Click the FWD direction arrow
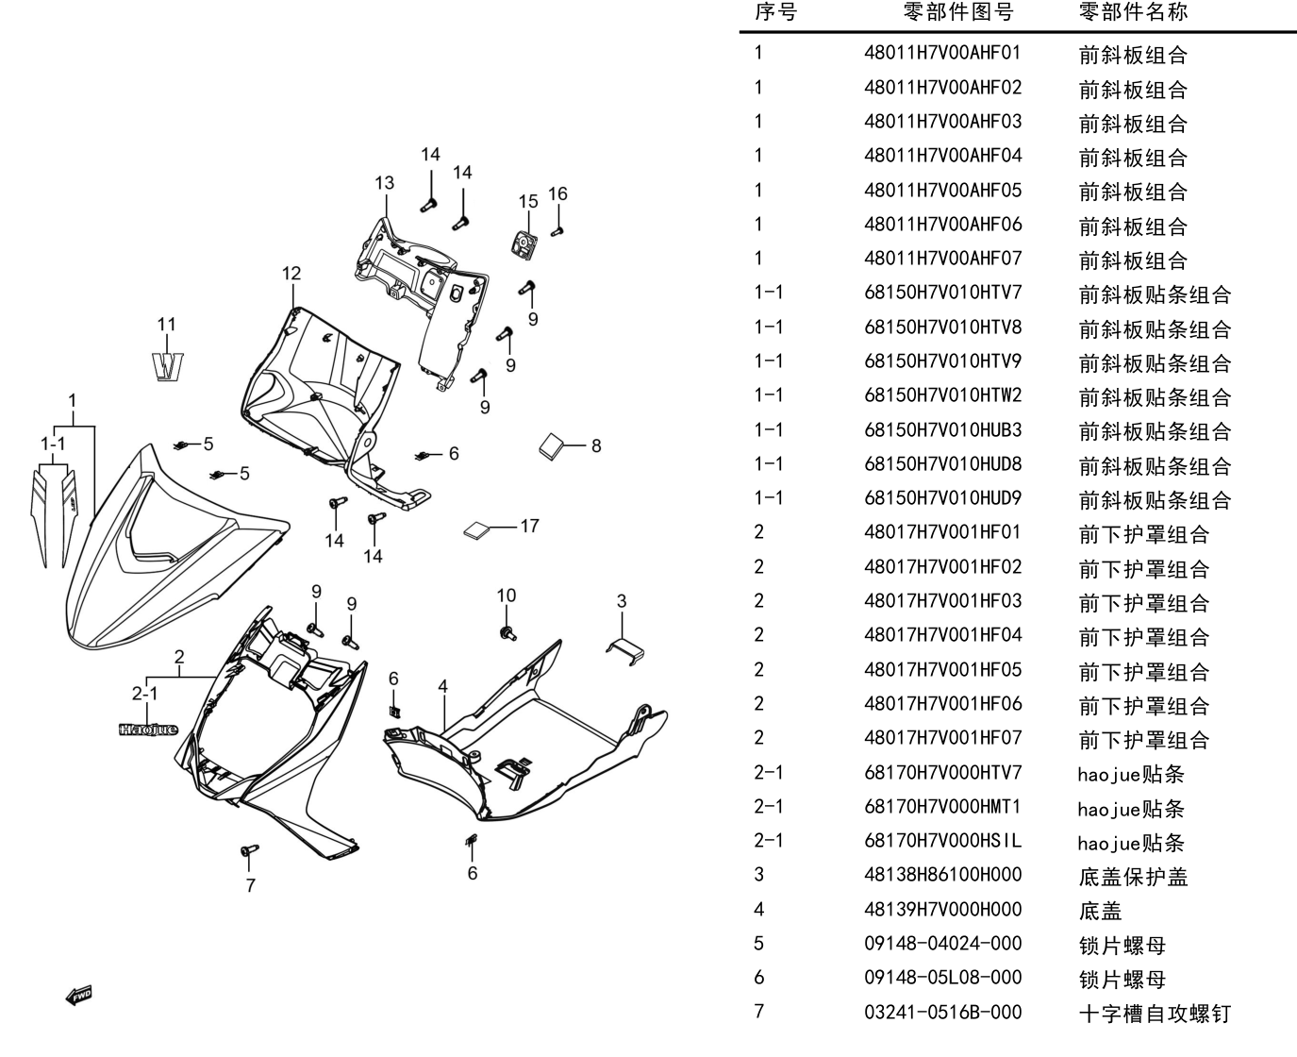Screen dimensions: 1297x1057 pyautogui.click(x=79, y=996)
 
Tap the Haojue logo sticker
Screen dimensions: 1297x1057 pyautogui.click(x=149, y=730)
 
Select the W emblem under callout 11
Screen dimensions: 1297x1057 pyautogui.click(x=168, y=367)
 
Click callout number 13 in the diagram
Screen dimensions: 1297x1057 pyautogui.click(x=384, y=183)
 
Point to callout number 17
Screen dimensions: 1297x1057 pyautogui.click(x=530, y=526)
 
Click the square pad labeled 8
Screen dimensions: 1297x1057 pyautogui.click(x=553, y=446)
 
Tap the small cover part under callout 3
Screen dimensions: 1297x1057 pyautogui.click(x=625, y=650)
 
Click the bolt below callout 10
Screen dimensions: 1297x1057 pyautogui.click(x=507, y=633)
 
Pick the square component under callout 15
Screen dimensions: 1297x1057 pyautogui.click(x=524, y=245)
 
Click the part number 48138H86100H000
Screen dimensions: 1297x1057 pyautogui.click(x=942, y=874)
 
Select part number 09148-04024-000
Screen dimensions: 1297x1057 pyautogui.click(x=942, y=943)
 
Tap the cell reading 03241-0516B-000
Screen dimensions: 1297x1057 pyautogui.click(x=942, y=1012)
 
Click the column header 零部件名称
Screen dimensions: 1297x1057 pyautogui.click(x=1133, y=11)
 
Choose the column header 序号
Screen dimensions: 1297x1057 pyautogui.click(x=775, y=11)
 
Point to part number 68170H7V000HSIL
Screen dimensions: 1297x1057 pyautogui.click(x=942, y=840)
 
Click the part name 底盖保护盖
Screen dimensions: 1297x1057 pyautogui.click(x=1133, y=877)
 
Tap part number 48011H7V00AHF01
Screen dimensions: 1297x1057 pyautogui.click(x=942, y=53)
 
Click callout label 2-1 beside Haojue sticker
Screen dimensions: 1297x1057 pyautogui.click(x=145, y=693)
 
